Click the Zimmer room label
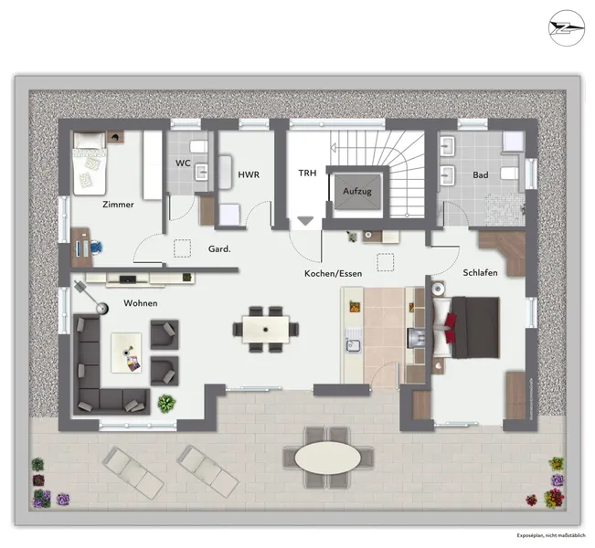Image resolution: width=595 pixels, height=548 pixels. point(119,205)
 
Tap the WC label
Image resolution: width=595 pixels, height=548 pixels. point(183,163)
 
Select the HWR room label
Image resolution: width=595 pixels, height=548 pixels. point(249,174)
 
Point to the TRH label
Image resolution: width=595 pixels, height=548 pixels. point(306,173)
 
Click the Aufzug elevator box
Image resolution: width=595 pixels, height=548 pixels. point(356,193)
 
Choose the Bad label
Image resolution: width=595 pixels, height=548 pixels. point(480,174)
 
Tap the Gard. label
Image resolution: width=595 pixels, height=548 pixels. point(219,248)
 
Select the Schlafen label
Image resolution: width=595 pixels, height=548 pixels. point(481,273)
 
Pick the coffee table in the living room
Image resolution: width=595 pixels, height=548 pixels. point(129,353)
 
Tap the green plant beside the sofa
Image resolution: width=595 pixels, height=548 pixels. point(165,402)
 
